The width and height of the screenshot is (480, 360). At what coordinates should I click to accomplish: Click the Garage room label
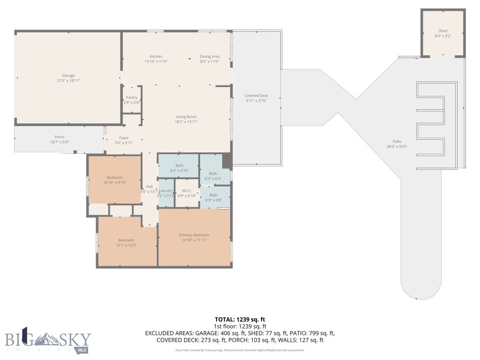coord(68,75)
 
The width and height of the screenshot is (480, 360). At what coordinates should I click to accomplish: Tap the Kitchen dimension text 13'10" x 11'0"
coord(156,61)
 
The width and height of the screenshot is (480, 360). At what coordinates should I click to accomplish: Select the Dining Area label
coord(210,56)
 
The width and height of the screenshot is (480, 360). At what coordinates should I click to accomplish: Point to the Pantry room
coord(132,100)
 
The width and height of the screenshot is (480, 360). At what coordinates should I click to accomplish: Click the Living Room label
coord(186,117)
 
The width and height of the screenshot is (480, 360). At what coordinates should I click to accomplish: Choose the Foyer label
coord(124,138)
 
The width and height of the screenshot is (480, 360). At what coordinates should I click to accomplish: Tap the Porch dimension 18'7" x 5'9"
coord(60,142)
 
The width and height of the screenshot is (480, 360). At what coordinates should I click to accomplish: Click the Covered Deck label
coord(256,96)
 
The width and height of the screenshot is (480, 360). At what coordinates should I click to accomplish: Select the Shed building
coord(442,33)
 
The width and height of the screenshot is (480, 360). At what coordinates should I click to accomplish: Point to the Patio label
coord(397,142)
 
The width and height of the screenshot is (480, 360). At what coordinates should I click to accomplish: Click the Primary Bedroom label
coord(194,235)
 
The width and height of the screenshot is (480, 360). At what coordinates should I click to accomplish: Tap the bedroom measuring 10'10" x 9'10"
coord(114,180)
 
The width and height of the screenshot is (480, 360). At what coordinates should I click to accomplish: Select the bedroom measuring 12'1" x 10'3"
coord(126,242)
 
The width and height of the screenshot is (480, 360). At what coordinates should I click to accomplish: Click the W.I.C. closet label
coord(187,191)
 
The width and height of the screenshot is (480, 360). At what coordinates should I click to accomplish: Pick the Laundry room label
coord(166,191)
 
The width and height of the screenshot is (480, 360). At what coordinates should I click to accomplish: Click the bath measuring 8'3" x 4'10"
coord(179,168)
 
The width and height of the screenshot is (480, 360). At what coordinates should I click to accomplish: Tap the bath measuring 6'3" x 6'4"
coord(213,176)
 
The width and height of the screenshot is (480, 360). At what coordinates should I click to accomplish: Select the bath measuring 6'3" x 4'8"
coord(213,197)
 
